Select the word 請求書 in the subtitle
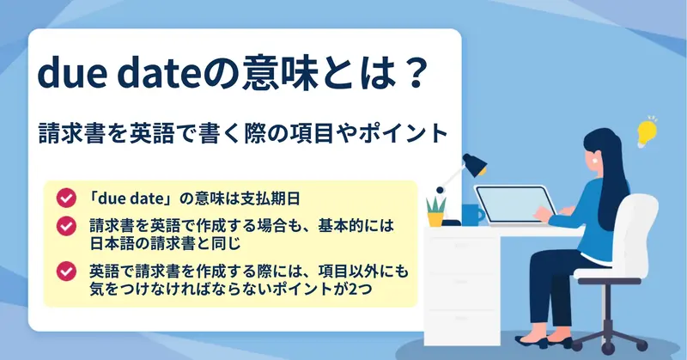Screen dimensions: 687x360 (72, 133)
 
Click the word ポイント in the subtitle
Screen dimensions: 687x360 (403, 133)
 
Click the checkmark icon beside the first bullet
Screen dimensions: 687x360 (66, 198)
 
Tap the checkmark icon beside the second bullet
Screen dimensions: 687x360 (66, 226)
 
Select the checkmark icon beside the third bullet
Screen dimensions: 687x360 (66, 272)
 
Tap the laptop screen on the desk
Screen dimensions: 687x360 (514, 204)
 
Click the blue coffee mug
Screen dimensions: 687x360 (473, 215)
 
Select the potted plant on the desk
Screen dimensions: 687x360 (436, 212)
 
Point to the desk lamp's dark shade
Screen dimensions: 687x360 (476, 164)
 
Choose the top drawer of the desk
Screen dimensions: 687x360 (463, 255)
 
